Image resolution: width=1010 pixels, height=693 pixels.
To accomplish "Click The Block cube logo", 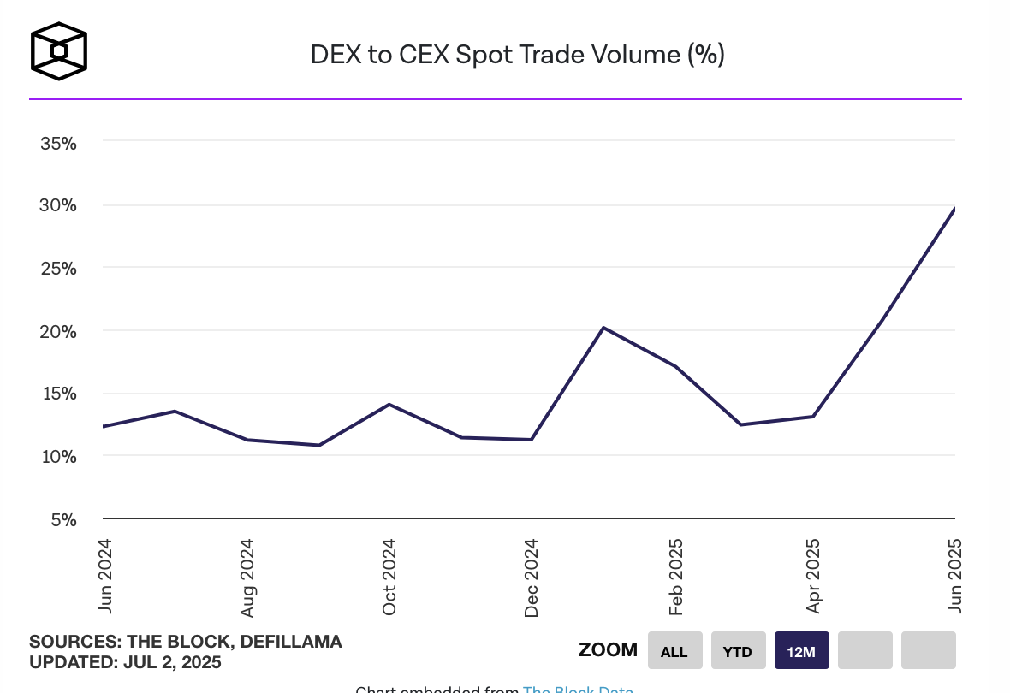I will [58, 51].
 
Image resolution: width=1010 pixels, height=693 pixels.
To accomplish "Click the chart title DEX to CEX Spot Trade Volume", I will [517, 55].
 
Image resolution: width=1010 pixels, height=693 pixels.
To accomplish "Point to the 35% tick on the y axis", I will [59, 143].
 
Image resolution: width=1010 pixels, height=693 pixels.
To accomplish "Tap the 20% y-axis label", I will [59, 331].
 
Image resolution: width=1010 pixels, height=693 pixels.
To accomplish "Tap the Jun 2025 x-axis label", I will [954, 575].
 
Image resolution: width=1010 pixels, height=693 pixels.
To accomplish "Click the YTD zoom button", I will [737, 651].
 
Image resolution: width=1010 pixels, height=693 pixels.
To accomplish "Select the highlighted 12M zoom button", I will [801, 651].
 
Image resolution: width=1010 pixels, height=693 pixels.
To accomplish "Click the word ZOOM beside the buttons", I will [608, 650].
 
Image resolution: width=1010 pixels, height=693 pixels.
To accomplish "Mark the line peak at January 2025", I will [603, 328].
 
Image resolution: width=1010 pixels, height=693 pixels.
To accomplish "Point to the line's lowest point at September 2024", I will [319, 445].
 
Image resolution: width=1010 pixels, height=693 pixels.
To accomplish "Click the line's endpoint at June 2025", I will [954, 209].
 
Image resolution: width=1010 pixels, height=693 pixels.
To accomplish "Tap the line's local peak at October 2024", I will [389, 404].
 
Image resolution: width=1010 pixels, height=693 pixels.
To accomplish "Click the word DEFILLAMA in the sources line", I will [291, 642].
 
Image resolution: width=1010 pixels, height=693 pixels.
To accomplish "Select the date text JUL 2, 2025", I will [171, 662].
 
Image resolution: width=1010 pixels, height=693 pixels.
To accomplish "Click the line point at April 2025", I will [812, 417].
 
